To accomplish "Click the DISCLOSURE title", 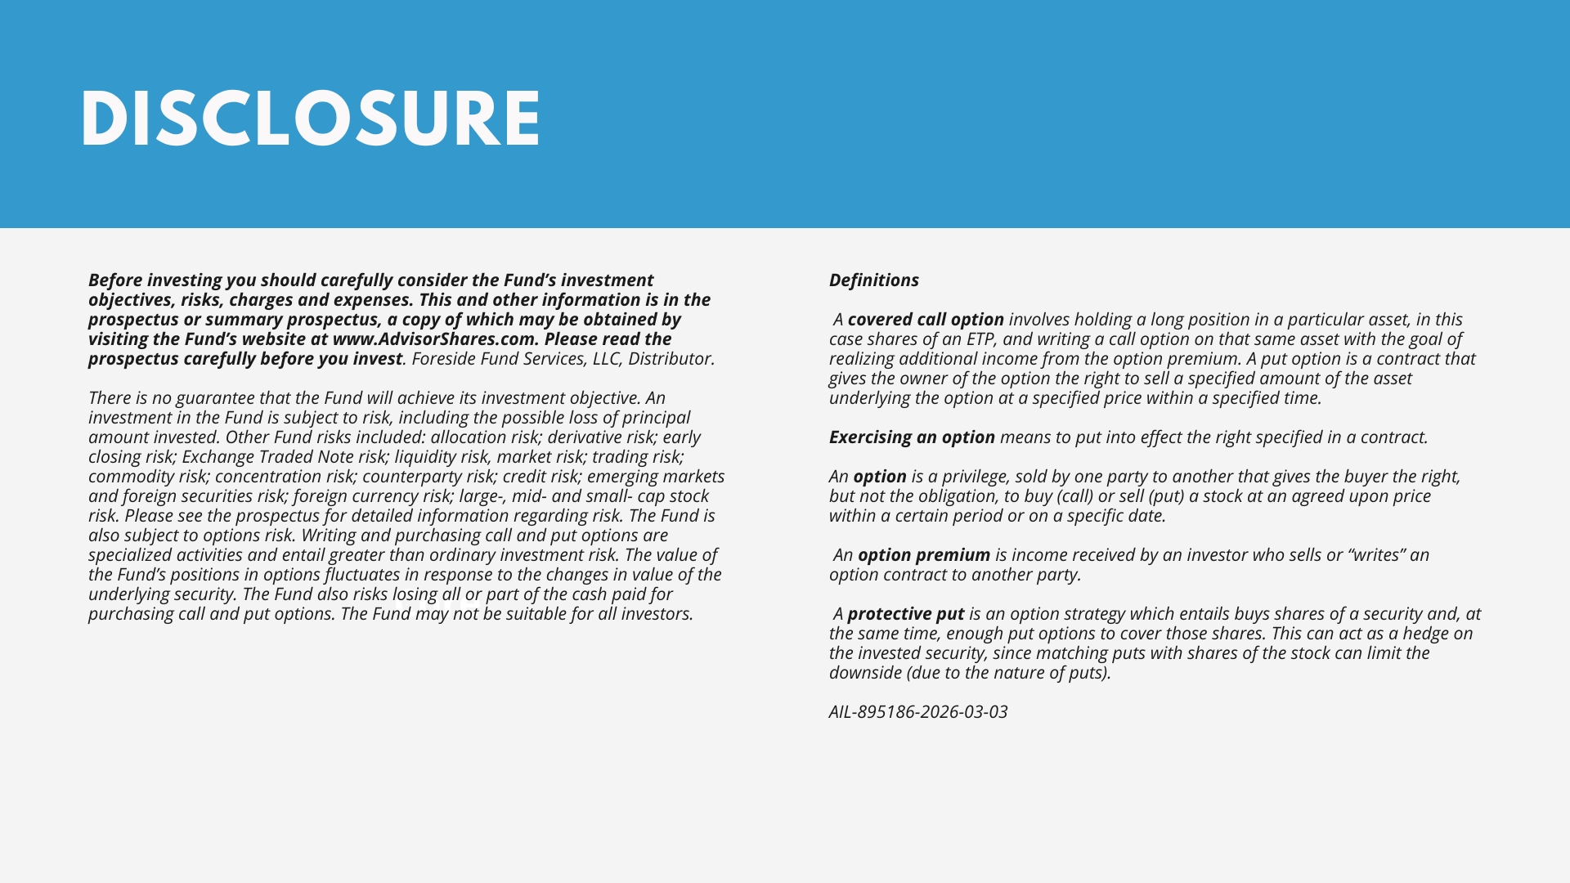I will [x=311, y=119].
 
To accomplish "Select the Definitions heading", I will [x=873, y=280].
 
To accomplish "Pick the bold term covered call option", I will [x=926, y=320].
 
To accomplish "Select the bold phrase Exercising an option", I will [x=912, y=437].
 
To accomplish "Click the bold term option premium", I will [x=924, y=555].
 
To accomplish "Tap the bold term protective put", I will [x=906, y=614].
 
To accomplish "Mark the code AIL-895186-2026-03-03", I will [x=918, y=712].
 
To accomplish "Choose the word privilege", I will [x=973, y=477].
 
